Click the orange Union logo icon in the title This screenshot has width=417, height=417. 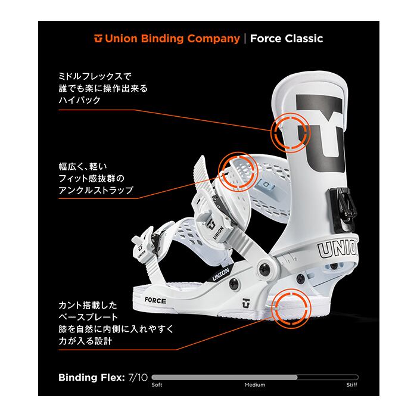[x=98, y=39]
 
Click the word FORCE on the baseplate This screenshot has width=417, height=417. [x=155, y=298]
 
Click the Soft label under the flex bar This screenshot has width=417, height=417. [x=157, y=385]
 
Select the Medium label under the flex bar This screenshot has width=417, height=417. [x=255, y=385]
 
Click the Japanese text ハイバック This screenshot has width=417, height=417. [x=79, y=101]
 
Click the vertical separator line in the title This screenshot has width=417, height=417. [x=245, y=39]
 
